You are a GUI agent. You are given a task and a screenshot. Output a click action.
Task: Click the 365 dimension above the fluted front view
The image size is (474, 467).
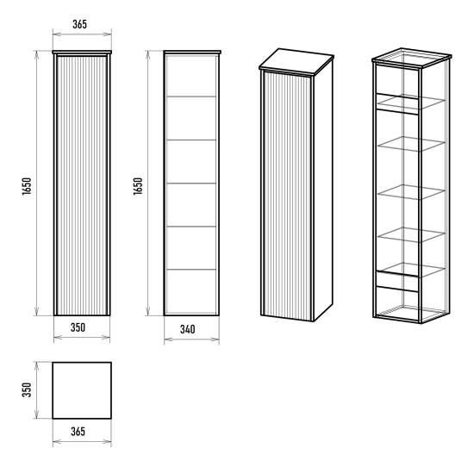(x=79, y=24)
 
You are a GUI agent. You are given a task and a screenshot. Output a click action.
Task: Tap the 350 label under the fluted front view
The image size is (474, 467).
(x=78, y=327)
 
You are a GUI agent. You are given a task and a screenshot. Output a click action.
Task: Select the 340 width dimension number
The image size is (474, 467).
(x=187, y=329)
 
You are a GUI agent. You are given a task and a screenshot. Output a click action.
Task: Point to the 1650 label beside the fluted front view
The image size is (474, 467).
(x=27, y=186)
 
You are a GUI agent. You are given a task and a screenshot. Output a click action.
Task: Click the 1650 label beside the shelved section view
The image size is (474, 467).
(x=138, y=186)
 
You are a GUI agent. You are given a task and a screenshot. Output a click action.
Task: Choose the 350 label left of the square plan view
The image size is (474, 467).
(x=27, y=390)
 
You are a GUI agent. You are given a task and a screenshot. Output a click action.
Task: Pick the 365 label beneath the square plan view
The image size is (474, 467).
(x=78, y=432)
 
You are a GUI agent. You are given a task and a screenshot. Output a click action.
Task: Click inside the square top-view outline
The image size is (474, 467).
(x=82, y=390)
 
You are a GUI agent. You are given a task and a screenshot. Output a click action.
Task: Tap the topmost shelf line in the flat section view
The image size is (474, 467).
(x=191, y=97)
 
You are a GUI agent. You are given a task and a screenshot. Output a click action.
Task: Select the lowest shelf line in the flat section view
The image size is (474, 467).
(x=191, y=270)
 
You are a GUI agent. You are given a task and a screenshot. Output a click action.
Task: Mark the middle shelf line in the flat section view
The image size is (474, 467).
(x=191, y=184)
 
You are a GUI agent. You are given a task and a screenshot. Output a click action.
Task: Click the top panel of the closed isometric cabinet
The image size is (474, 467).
(x=296, y=61)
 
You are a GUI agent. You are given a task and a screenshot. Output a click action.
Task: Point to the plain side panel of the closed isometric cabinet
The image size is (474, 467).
(x=323, y=190)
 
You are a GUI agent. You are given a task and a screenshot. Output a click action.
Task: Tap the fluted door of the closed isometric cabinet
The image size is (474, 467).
(x=288, y=196)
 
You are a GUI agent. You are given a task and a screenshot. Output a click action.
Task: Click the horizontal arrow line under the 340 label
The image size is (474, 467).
(x=191, y=339)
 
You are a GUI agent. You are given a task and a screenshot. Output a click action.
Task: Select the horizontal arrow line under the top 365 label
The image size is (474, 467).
(x=82, y=34)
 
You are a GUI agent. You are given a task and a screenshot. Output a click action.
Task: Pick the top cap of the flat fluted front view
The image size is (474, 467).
(x=82, y=53)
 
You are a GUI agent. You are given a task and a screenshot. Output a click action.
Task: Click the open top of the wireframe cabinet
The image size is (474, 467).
(x=411, y=59)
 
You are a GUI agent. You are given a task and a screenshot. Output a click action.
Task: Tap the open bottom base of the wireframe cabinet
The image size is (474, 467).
(x=411, y=314)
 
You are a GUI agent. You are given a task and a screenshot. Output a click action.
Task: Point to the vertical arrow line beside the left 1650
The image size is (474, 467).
(x=36, y=184)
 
